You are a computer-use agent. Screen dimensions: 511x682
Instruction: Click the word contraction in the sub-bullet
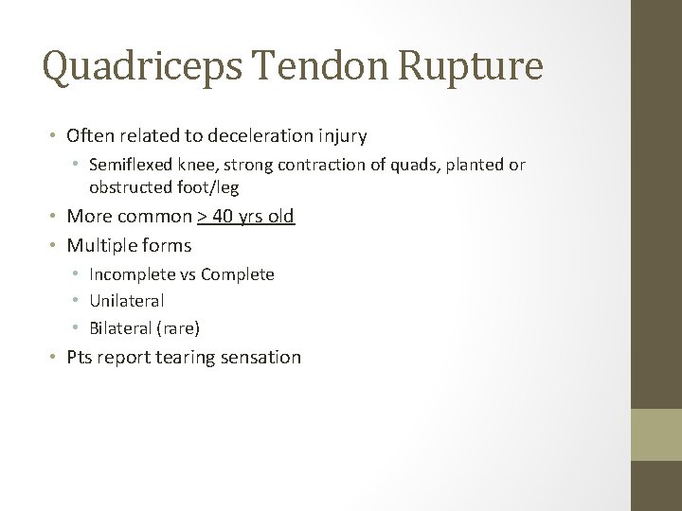(305, 165)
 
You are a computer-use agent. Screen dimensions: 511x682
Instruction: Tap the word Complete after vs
(241, 274)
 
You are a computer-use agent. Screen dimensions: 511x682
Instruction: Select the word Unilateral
(127, 301)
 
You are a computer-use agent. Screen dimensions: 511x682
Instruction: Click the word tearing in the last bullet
(187, 358)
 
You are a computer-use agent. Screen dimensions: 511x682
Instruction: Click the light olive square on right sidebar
(656, 434)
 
